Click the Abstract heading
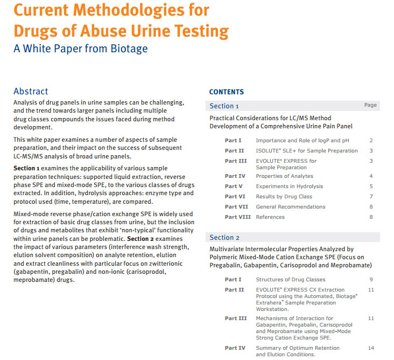tap(31, 92)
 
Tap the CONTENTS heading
tap(226, 92)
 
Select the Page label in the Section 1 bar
tap(370, 105)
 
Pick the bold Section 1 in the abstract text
tap(26, 169)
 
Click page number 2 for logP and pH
tap(371, 141)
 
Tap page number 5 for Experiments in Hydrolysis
tap(371, 186)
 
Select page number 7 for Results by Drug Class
tap(371, 197)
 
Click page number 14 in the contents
tap(370, 348)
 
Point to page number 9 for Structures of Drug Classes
tap(371, 280)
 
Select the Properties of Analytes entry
tap(284, 176)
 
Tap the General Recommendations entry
tap(290, 207)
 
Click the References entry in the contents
tap(270, 217)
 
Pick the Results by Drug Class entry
tap(284, 197)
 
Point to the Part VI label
tap(235, 197)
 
